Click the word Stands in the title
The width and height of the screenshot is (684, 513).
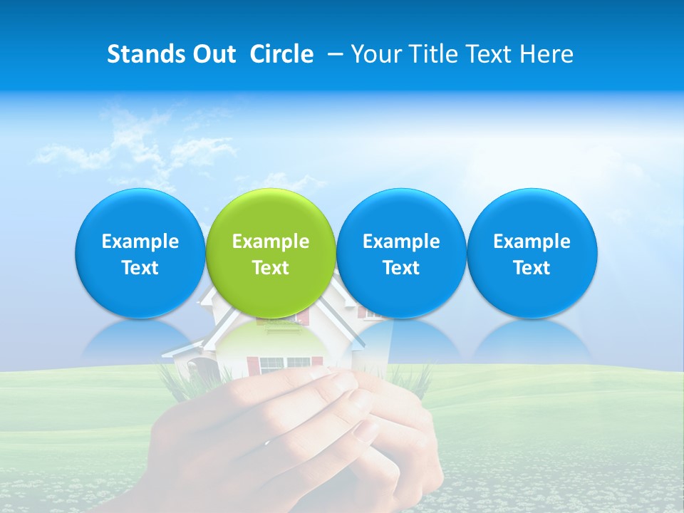click(x=140, y=54)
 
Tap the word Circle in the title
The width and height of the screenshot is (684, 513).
click(x=281, y=54)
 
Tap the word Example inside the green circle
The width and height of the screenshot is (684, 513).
click(x=270, y=242)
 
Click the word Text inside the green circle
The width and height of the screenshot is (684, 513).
click(x=270, y=268)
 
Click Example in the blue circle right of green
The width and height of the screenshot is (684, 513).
click(x=401, y=242)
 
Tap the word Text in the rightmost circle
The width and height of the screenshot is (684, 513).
click(x=532, y=268)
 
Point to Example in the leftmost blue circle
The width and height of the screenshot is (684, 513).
click(x=140, y=242)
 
